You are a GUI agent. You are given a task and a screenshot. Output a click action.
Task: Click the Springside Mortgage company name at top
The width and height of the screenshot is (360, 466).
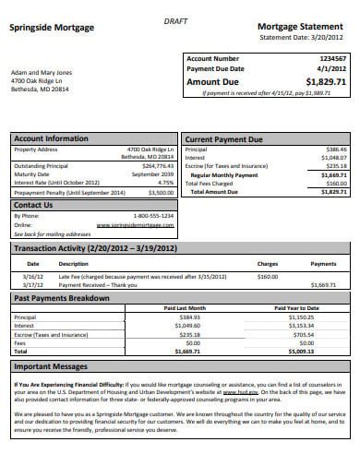pyautogui.click(x=52, y=28)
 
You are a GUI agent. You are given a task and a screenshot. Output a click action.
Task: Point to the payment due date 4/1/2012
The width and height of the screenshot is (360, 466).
pyautogui.click(x=333, y=68)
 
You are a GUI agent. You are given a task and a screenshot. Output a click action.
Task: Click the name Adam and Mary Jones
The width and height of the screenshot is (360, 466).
pyautogui.click(x=41, y=72)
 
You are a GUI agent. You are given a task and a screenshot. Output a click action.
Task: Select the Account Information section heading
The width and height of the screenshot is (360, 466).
pyautogui.click(x=52, y=138)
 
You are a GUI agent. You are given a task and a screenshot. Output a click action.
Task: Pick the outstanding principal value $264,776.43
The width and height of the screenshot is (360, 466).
pyautogui.click(x=154, y=166)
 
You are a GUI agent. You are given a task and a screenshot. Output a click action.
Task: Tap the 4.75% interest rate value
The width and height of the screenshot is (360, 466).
pyautogui.click(x=166, y=182)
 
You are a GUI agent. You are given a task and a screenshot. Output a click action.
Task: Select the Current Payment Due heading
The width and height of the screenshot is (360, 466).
pyautogui.click(x=225, y=139)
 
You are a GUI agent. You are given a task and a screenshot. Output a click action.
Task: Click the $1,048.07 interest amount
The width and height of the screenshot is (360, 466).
pyautogui.click(x=335, y=157)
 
